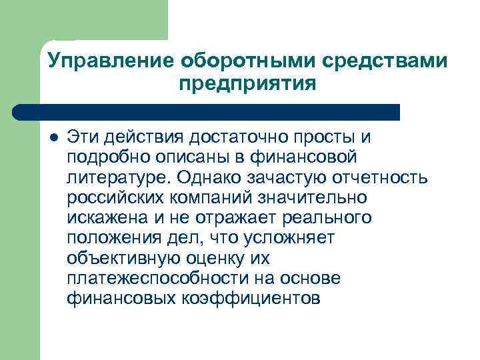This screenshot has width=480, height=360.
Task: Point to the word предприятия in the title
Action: tap(247, 85)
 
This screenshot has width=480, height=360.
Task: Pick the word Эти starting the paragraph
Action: tap(81, 137)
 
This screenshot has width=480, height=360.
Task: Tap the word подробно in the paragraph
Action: tap(107, 158)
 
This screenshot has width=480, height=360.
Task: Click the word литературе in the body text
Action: tap(117, 179)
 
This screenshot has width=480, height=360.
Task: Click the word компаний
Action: tap(204, 199)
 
